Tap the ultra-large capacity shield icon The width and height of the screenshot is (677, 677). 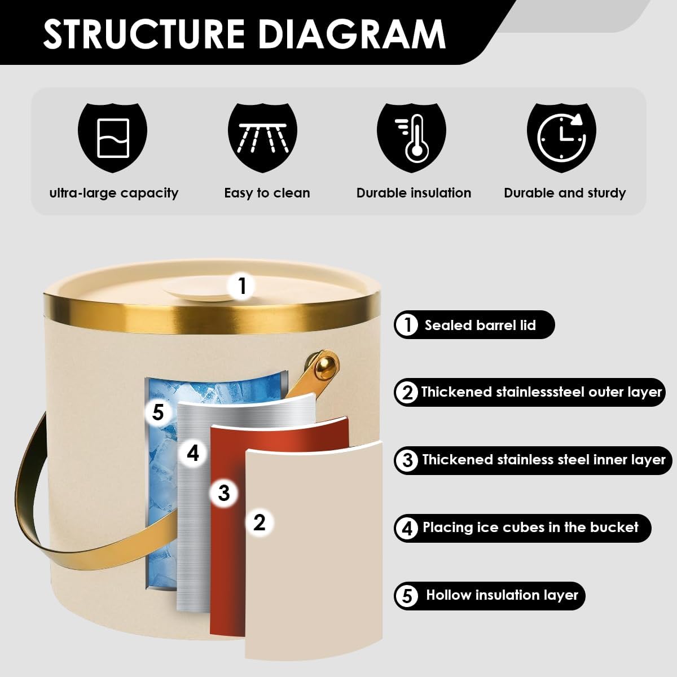[x=112, y=138]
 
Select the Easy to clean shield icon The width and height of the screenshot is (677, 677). [x=262, y=138]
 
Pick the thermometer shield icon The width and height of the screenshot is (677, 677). [x=412, y=138]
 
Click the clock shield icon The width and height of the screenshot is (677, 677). [x=561, y=138]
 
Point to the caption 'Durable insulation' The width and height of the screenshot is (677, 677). [x=414, y=193]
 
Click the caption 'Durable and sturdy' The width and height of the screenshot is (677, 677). [x=565, y=193]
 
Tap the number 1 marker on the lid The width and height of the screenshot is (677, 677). [x=241, y=287]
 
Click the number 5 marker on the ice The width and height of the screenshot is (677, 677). [x=158, y=412]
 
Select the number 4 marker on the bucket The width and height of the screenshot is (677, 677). [x=193, y=453]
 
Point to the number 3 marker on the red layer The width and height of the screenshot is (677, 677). [x=224, y=493]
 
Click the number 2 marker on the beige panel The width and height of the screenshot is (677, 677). [x=260, y=522]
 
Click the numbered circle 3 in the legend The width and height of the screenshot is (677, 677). [x=407, y=460]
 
